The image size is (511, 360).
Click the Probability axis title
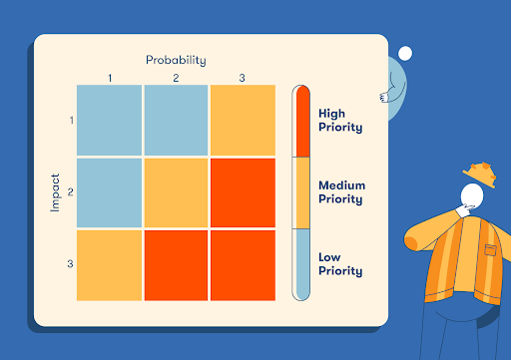click(176, 60)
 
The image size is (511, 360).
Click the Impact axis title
click(56, 192)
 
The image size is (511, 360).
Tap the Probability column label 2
click(176, 78)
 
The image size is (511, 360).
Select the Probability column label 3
click(242, 78)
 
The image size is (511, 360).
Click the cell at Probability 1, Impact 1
click(110, 121)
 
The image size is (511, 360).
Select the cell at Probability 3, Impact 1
click(242, 121)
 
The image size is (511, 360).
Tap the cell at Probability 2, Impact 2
click(176, 192)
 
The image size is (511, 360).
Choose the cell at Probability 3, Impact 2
click(242, 192)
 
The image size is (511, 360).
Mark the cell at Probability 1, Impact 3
click(110, 264)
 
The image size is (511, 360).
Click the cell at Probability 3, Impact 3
click(242, 264)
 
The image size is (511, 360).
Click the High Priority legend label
click(339, 121)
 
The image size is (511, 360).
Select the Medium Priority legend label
click(341, 191)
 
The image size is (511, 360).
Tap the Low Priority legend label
click(339, 264)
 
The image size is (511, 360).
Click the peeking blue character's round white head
click(405, 54)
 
